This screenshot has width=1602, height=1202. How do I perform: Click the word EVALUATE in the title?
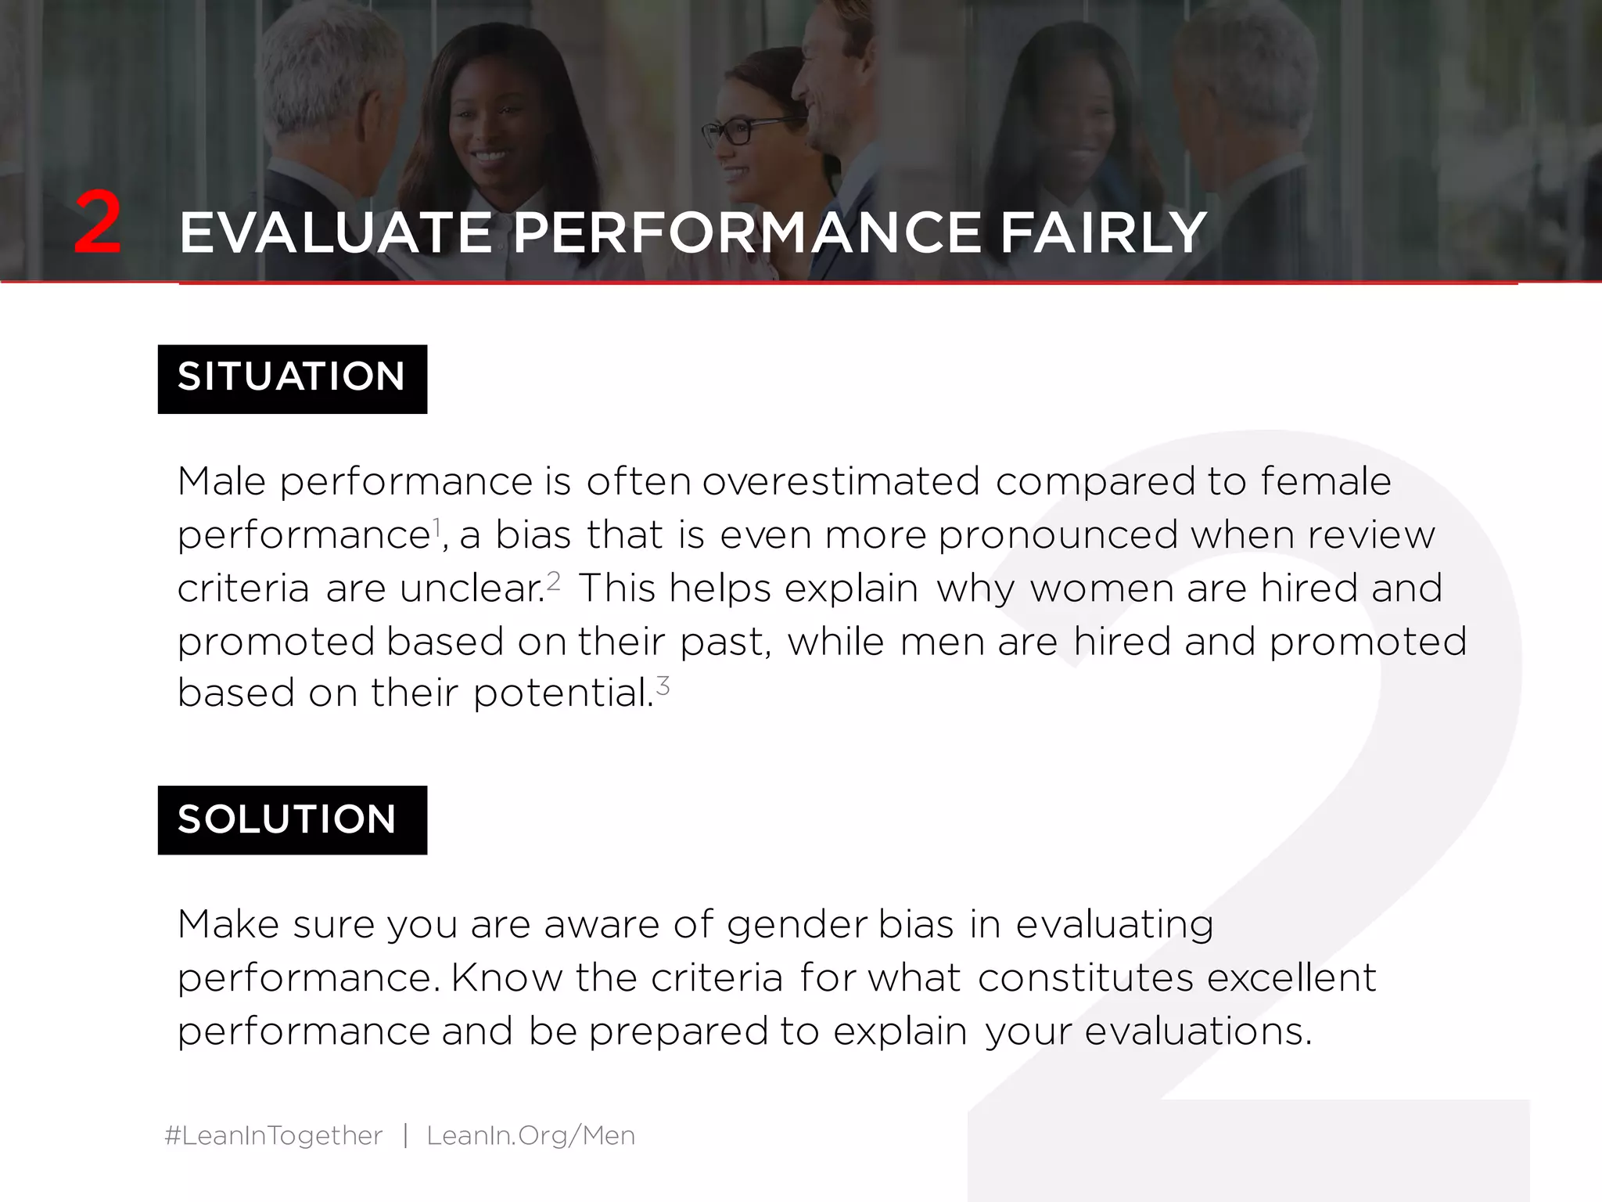point(336,233)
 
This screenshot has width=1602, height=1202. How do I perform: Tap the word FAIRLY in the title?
point(1103,233)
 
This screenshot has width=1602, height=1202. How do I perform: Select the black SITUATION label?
point(292,379)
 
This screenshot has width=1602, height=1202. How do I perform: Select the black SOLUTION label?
point(292,820)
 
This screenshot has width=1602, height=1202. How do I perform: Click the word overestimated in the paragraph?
point(841,481)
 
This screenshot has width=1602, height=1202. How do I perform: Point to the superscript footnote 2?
point(554,580)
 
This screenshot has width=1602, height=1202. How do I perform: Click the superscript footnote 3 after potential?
point(663,686)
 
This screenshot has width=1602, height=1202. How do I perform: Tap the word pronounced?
point(1058,535)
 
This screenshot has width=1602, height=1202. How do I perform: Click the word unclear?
point(472,588)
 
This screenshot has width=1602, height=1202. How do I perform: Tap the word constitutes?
point(1086,978)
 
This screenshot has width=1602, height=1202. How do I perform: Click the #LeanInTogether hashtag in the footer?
point(274,1135)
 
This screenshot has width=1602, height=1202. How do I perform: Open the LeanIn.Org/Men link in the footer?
point(530,1135)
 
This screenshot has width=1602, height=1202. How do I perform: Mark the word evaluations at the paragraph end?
point(1198,1031)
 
